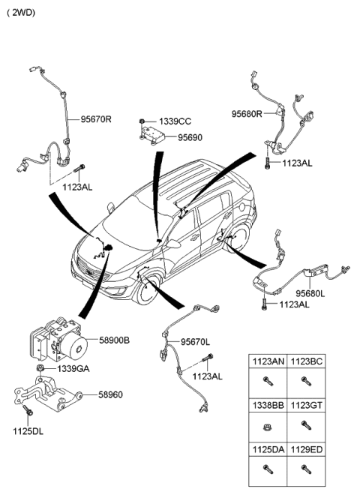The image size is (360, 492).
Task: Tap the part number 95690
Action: pos(190,138)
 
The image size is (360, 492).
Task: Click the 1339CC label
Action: pos(174,121)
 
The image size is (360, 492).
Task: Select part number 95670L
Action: pos(196,342)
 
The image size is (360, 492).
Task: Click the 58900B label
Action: pos(115,340)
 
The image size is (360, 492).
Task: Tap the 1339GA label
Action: pos(73,368)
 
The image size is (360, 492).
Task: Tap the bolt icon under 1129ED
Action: pos(306,469)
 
